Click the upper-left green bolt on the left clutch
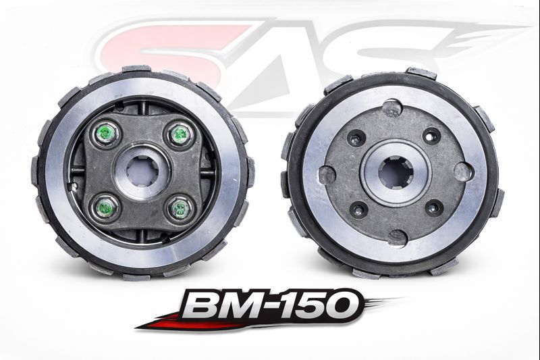click(x=105, y=134)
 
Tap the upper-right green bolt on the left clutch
click(x=179, y=133)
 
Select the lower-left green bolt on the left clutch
click(x=105, y=207)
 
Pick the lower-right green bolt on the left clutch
click(x=179, y=208)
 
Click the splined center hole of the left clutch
click(x=142, y=170)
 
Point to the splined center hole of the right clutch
click(x=396, y=174)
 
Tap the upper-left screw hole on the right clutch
click(x=356, y=138)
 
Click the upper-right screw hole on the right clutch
click(x=431, y=136)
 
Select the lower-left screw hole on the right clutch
click(x=358, y=210)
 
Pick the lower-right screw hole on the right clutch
click(x=434, y=207)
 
